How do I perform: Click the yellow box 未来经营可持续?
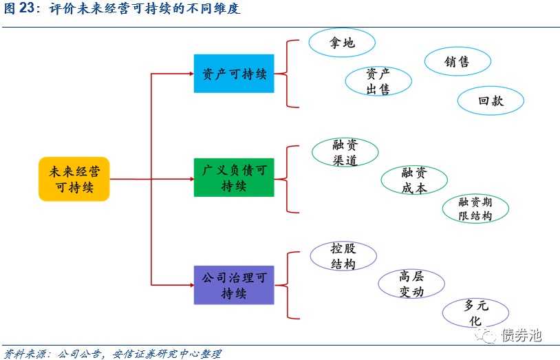pyautogui.click(x=74, y=179)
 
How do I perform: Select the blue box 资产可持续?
pyautogui.click(x=234, y=74)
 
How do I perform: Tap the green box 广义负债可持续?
pyautogui.click(x=234, y=178)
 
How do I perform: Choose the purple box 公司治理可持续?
pyautogui.click(x=234, y=285)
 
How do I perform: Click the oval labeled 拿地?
pyautogui.click(x=342, y=43)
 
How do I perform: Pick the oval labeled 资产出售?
pyautogui.click(x=378, y=81)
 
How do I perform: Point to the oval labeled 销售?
pyautogui.click(x=457, y=62)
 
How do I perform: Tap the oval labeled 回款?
pyautogui.click(x=491, y=100)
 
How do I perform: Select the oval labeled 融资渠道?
pyautogui.click(x=345, y=153)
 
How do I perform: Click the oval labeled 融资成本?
pyautogui.click(x=414, y=180)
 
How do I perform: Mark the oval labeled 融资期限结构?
pyautogui.click(x=475, y=209)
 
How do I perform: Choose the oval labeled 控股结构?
pyautogui.click(x=343, y=256)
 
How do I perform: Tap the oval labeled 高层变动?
pyautogui.click(x=411, y=284)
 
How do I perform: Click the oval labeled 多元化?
pyautogui.click(x=475, y=313)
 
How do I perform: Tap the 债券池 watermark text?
pyautogui.click(x=521, y=335)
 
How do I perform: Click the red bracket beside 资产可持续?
pyautogui.click(x=289, y=74)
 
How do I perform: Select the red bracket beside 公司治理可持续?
pyautogui.click(x=289, y=285)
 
